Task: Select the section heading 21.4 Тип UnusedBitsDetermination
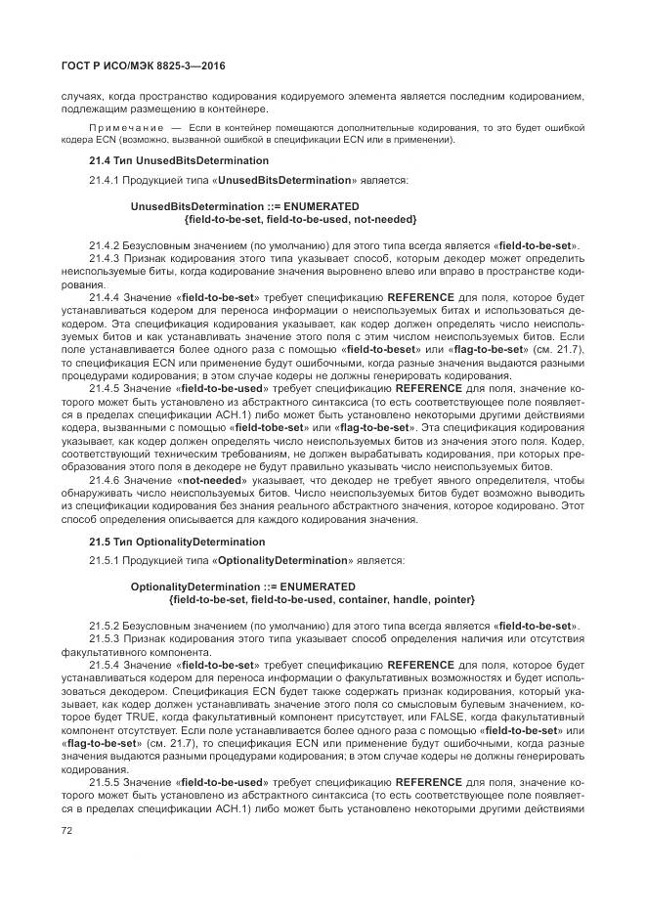click(179, 159)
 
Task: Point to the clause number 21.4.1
click(106, 180)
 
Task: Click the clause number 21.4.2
click(106, 244)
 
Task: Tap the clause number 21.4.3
click(106, 257)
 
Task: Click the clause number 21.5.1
click(106, 561)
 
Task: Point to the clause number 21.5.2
click(106, 625)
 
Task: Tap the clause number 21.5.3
click(106, 637)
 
